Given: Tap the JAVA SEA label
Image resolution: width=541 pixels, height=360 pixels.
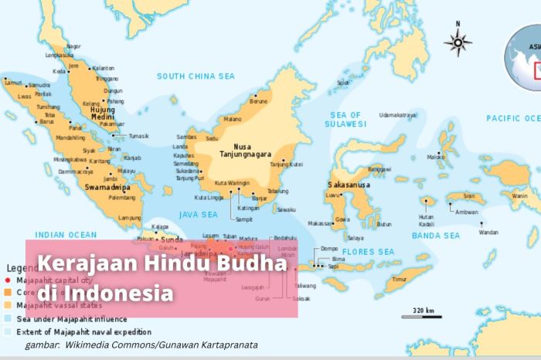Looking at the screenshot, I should (x=197, y=214).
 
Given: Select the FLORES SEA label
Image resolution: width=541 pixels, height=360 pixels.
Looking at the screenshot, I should (x=368, y=252).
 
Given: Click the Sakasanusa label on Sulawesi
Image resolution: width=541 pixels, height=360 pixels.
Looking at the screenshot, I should (x=352, y=185).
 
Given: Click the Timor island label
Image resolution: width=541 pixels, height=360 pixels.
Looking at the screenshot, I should (x=399, y=279).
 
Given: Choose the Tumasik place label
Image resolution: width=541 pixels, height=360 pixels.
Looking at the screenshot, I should (x=138, y=136).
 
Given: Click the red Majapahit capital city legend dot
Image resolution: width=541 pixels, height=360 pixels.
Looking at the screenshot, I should (x=7, y=280).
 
